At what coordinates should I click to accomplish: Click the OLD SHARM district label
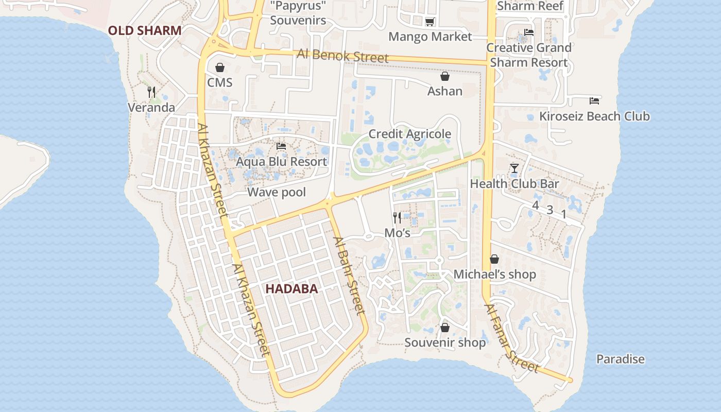[x=145, y=30]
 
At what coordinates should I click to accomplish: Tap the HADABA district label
[x=291, y=289]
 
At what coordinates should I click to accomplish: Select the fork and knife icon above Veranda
[x=151, y=92]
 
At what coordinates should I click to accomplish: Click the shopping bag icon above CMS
[x=220, y=67]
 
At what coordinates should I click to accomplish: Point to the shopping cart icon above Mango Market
[x=430, y=22]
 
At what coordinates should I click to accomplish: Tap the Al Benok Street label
[x=342, y=56]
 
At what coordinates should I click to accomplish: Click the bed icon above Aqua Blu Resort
[x=281, y=146]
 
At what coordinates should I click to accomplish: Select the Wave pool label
[x=277, y=192]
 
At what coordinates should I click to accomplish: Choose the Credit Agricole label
[x=409, y=134]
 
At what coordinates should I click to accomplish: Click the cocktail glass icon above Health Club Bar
[x=514, y=168]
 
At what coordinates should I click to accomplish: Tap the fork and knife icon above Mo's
[x=397, y=217]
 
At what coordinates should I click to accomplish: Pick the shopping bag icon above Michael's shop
[x=494, y=259]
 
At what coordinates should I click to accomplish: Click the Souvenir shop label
[x=445, y=342]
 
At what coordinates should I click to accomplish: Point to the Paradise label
[x=620, y=359]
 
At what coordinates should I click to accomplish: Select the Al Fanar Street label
[x=511, y=338]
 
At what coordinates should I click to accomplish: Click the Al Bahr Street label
[x=350, y=276]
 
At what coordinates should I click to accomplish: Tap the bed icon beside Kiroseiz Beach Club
[x=594, y=100]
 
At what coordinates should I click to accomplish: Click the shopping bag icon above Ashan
[x=445, y=76]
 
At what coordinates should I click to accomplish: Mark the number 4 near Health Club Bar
[x=535, y=205]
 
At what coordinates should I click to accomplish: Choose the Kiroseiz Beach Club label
[x=594, y=116]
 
